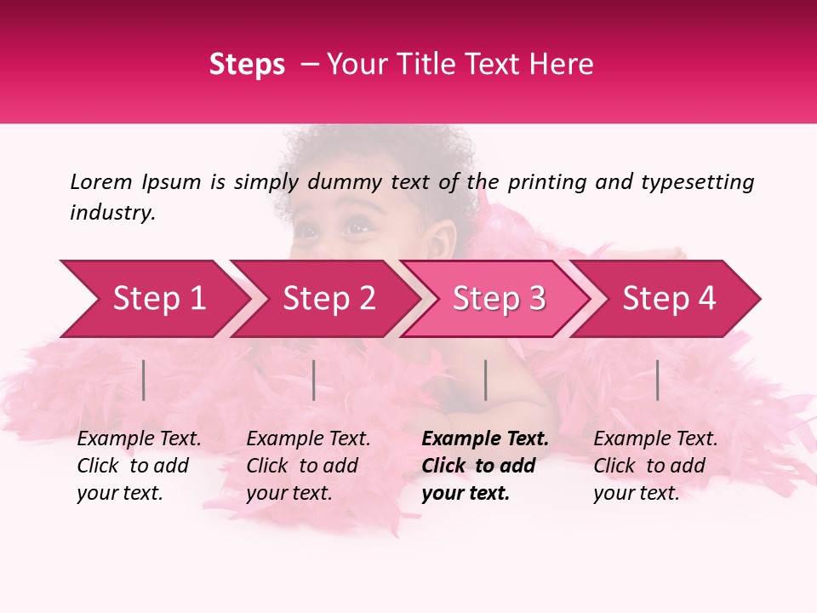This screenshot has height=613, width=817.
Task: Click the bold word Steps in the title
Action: click(247, 65)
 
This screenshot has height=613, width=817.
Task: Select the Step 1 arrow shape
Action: click(153, 299)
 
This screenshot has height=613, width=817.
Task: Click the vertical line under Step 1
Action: click(144, 380)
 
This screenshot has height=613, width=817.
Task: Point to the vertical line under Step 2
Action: click(314, 380)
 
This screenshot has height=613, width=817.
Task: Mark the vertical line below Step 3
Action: click(485, 380)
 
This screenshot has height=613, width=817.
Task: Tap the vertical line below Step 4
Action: click(657, 380)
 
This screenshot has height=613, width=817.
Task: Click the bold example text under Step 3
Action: click(485, 466)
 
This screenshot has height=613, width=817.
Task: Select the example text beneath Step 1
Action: click(139, 466)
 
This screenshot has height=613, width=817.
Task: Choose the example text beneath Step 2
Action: click(308, 466)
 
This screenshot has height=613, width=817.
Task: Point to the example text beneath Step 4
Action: click(655, 466)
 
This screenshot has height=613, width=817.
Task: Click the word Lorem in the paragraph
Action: click(101, 181)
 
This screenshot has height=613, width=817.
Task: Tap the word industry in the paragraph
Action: click(112, 213)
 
